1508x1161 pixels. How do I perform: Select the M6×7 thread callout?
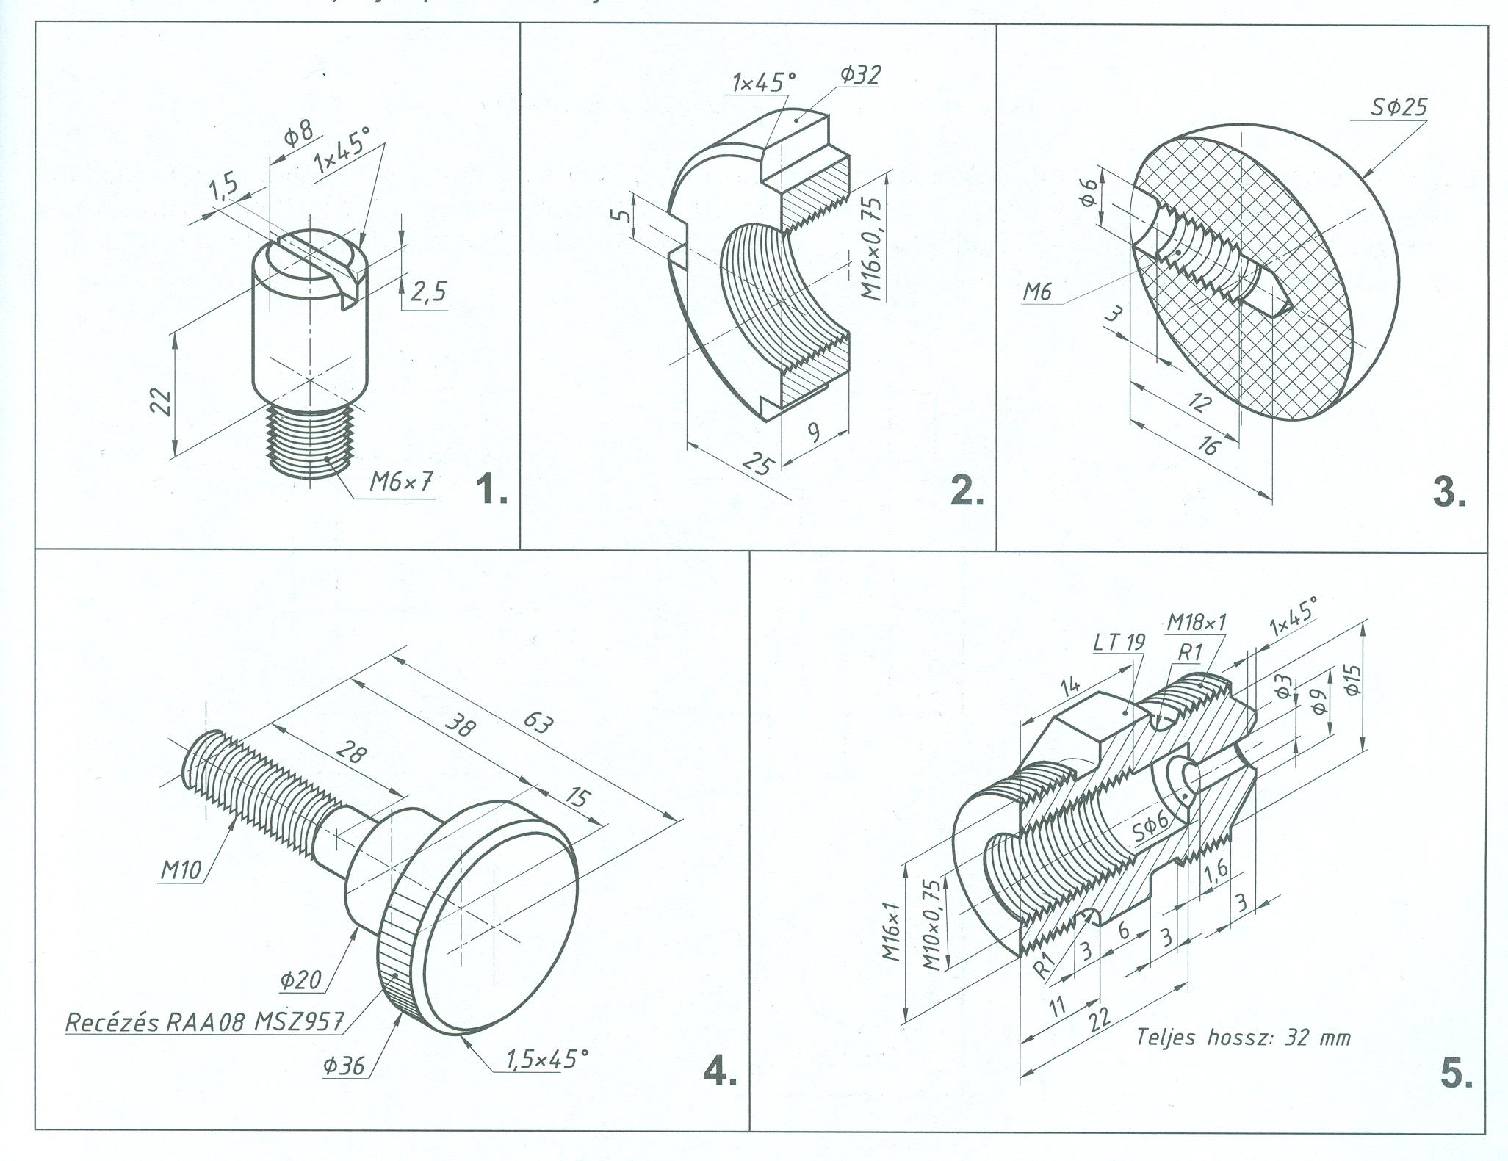(x=401, y=482)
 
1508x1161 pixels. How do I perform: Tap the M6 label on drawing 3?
(x=1037, y=292)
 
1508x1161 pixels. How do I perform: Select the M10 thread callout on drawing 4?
(x=181, y=870)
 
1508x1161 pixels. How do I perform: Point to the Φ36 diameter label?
(x=343, y=1066)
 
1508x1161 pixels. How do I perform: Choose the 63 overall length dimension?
(x=538, y=723)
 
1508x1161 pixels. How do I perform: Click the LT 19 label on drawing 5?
(x=1119, y=643)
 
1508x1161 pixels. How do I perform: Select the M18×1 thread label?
(x=1197, y=623)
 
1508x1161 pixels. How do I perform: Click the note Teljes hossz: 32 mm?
(x=1243, y=1037)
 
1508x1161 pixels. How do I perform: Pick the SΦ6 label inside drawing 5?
(x=1150, y=831)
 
